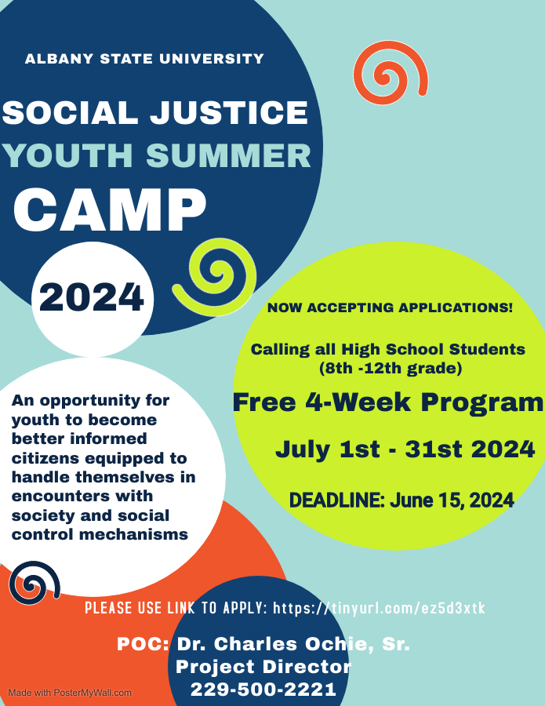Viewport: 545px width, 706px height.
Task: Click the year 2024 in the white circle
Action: pos(92,297)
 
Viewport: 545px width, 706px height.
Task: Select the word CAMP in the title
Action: pos(110,209)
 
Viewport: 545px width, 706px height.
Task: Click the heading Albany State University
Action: pos(144,59)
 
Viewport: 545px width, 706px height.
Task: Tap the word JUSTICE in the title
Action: pos(229,112)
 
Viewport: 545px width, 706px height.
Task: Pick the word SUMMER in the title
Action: pos(229,156)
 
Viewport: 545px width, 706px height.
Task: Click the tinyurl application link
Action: pos(379,608)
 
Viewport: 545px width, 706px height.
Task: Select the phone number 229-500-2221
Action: pos(263,690)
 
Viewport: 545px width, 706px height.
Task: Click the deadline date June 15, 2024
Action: pos(452,500)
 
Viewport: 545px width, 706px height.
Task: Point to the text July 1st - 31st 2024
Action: pos(405,449)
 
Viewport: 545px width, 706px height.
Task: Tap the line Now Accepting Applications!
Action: pos(390,308)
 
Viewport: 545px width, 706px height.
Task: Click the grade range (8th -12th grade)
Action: pos(391,369)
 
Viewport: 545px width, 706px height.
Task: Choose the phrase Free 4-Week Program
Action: pos(388,402)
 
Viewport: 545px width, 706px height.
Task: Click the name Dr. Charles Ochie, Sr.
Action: pos(293,644)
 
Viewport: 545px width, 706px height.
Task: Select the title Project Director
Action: pos(263,667)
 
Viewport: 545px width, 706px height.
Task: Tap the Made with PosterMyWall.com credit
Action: pos(70,693)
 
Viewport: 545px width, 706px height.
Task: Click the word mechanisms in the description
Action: pos(133,534)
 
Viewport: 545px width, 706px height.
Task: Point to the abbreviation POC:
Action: pos(144,644)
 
